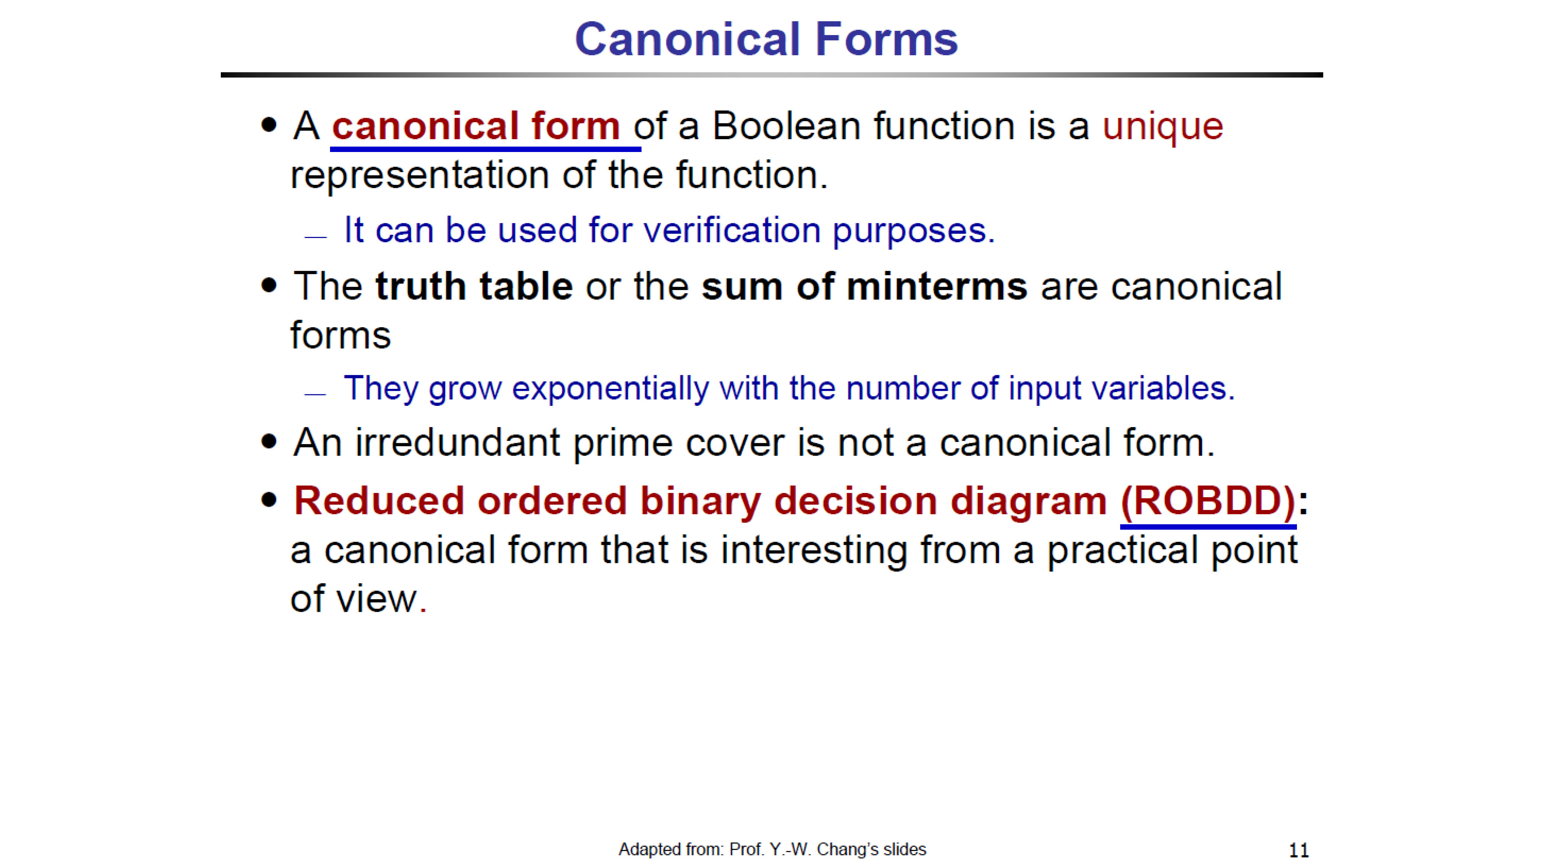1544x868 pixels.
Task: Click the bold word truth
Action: [420, 286]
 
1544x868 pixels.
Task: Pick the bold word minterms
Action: [937, 286]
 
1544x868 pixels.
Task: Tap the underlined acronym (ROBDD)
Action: [1208, 502]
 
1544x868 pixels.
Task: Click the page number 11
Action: [1298, 850]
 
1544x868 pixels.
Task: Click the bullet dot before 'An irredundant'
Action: [269, 442]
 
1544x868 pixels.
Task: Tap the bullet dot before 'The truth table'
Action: [269, 285]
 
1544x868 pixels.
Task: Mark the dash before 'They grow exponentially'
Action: [315, 394]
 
